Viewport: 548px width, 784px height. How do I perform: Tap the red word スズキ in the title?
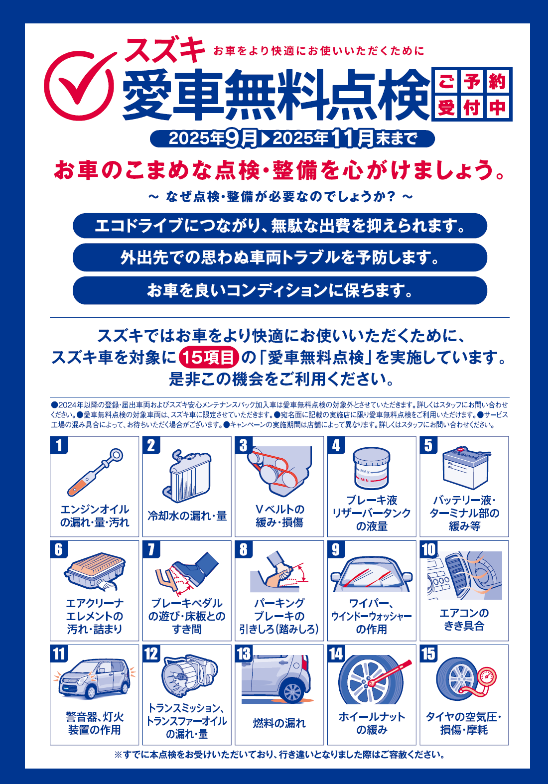tap(165, 49)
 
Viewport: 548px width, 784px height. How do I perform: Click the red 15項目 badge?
tap(209, 357)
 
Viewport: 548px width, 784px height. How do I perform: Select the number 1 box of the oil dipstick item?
tap(59, 445)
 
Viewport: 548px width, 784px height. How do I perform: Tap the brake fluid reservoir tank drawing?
tap(372, 468)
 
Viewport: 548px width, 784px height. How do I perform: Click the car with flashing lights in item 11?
tap(94, 678)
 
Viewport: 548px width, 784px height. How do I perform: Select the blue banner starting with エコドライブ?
tap(280, 226)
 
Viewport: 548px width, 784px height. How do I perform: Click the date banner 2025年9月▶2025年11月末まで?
tap(292, 138)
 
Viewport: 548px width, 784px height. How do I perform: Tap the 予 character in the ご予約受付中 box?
tap(472, 82)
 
